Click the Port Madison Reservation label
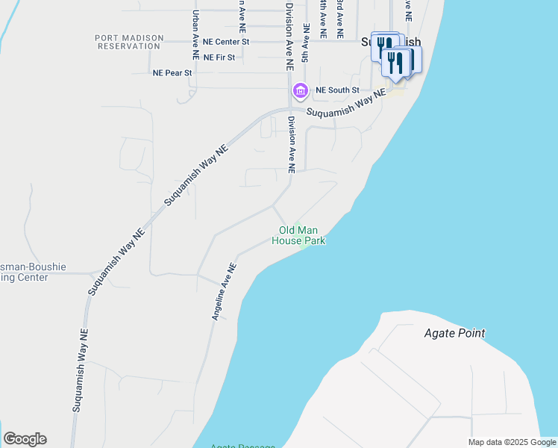coord(128,41)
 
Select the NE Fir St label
coord(219,57)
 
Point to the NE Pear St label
coord(172,73)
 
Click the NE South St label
coord(337,90)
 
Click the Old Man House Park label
coord(298,236)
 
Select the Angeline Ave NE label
coord(225,291)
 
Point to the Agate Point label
coord(454,333)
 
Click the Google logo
coord(25,439)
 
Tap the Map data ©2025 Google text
coord(512,442)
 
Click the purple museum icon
coord(300,91)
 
